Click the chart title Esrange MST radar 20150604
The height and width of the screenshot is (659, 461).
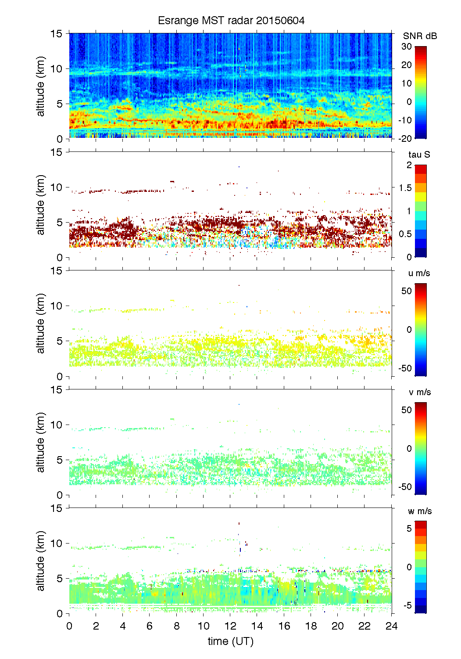pos(231,21)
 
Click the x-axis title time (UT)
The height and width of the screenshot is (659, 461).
pos(230,641)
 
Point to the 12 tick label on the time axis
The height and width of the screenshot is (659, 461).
pos(230,626)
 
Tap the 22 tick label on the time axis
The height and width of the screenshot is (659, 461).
pos(365,626)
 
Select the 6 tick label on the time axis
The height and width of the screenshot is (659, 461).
pos(150,626)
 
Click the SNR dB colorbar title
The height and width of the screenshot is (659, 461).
pos(420,36)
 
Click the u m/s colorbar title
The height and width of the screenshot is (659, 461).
pos(419,273)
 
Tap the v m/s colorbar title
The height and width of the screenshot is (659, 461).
pos(419,392)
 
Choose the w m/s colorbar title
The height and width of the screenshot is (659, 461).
pos(420,511)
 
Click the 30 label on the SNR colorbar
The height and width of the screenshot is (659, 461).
pos(407,47)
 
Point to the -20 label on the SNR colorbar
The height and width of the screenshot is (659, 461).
pos(405,139)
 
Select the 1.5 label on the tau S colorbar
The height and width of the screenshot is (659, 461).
pos(405,188)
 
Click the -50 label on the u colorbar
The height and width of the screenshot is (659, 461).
pos(405,368)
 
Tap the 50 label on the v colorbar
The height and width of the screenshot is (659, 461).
pos(407,410)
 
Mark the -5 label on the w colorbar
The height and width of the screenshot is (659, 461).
pos(407,605)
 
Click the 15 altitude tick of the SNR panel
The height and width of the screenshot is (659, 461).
pos(57,33)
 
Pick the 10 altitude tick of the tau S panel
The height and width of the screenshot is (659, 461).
pos(57,187)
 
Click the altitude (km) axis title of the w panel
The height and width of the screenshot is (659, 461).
pos(41,561)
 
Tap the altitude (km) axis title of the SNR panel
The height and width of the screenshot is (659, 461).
pos(41,86)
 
